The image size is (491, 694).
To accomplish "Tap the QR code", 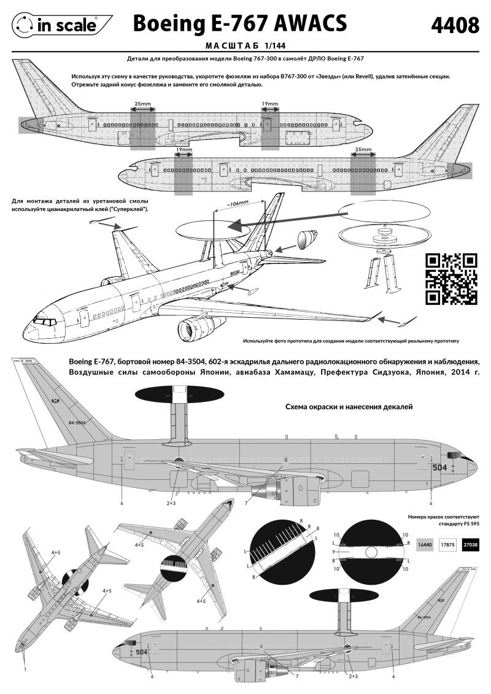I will click(x=451, y=279).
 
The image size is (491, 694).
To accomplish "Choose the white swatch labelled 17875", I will click(x=447, y=544).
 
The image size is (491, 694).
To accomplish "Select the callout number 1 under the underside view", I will click(x=25, y=669).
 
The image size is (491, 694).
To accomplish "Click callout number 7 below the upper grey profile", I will click(x=245, y=503).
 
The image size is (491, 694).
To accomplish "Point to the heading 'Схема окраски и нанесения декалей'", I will click(x=349, y=406).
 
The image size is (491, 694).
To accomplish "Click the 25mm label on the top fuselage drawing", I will click(x=142, y=104).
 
